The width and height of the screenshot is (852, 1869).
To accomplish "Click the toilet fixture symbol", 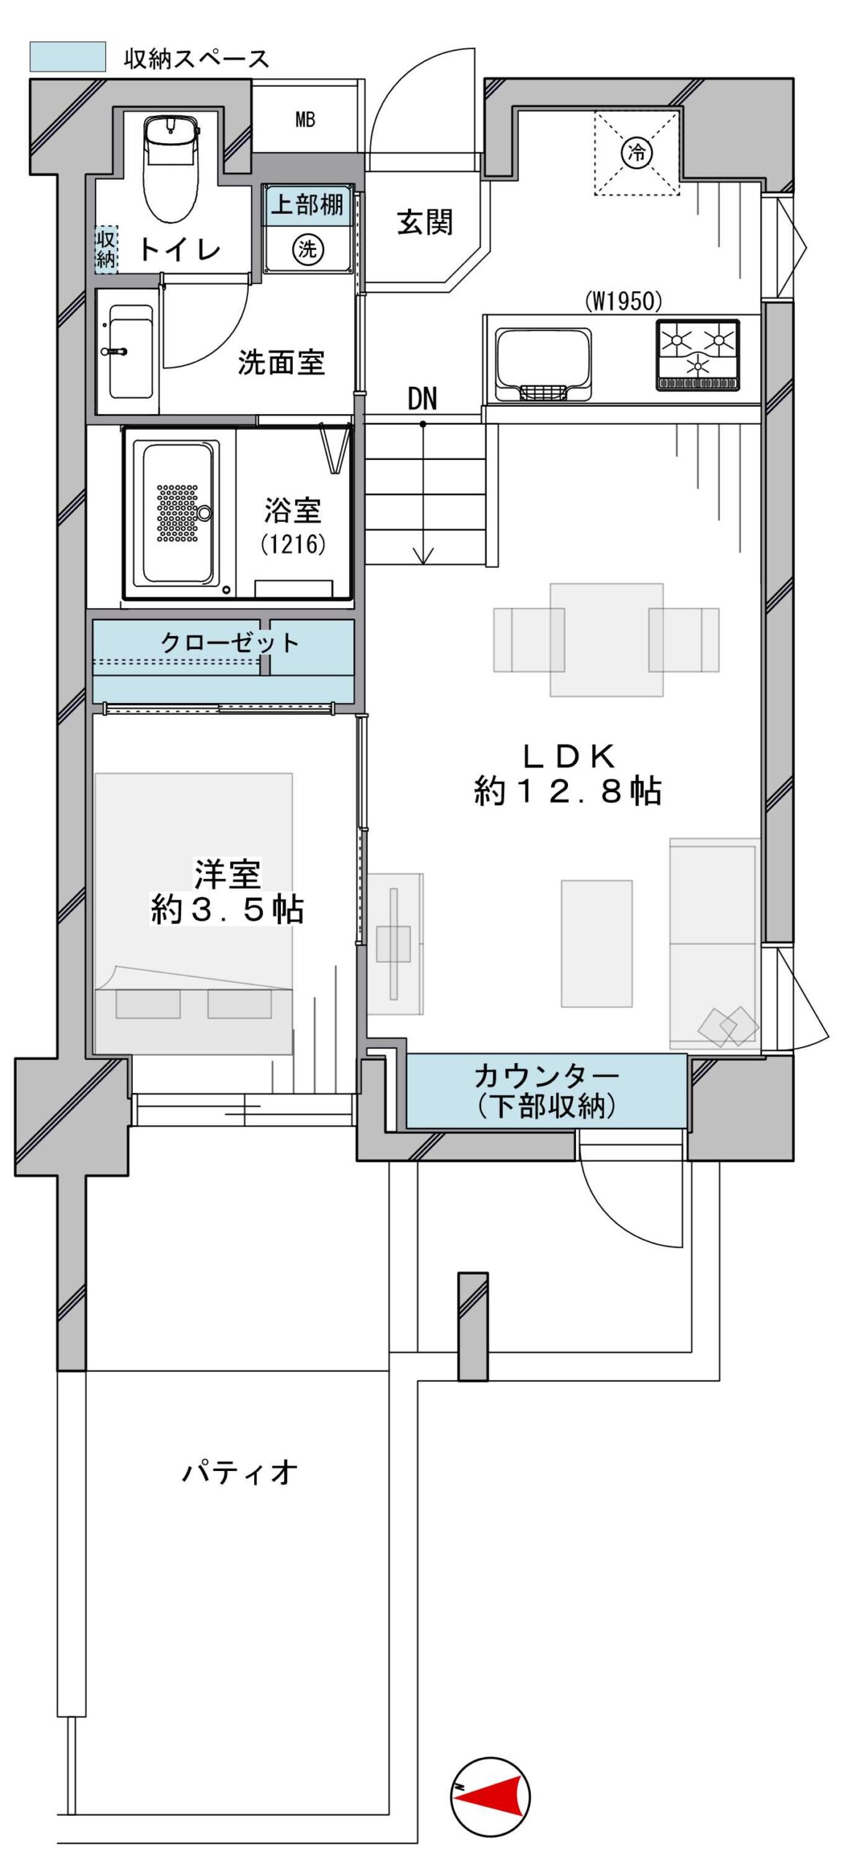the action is click(x=172, y=166).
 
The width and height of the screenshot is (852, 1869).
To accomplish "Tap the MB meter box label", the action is click(x=305, y=120).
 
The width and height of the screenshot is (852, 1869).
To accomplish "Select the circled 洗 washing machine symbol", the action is click(x=308, y=250).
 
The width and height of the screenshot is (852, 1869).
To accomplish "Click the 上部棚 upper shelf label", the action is click(x=307, y=204).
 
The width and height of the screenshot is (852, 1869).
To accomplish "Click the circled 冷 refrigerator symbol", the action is click(x=637, y=153).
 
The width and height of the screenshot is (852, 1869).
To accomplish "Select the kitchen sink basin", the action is click(x=543, y=364).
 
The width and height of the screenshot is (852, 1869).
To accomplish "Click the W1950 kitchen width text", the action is click(x=623, y=300).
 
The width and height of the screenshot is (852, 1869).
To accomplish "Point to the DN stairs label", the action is click(x=422, y=399).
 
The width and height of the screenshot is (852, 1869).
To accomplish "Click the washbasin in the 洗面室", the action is click(x=130, y=351).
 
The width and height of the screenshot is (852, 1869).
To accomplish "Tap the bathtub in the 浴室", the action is click(x=180, y=513).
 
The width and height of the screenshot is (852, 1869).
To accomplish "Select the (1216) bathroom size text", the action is click(x=293, y=544).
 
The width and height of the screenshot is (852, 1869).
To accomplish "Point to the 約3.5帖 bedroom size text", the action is click(x=227, y=910).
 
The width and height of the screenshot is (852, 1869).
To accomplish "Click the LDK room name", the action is click(x=569, y=756).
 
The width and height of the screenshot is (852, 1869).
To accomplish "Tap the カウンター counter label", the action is click(x=546, y=1075).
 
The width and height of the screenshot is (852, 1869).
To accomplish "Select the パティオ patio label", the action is click(x=240, y=1472).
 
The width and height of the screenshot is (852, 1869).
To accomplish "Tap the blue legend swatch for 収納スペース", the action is click(x=68, y=57).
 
